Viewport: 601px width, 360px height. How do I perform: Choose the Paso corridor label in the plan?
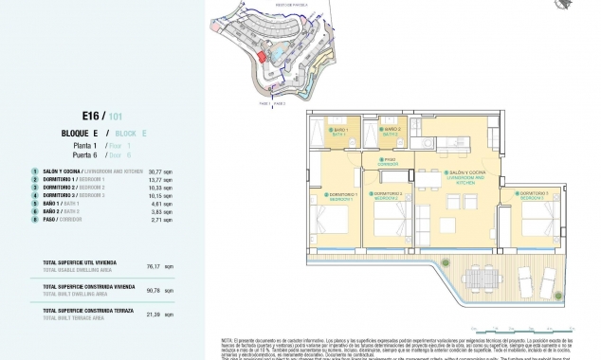(x=389, y=162)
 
